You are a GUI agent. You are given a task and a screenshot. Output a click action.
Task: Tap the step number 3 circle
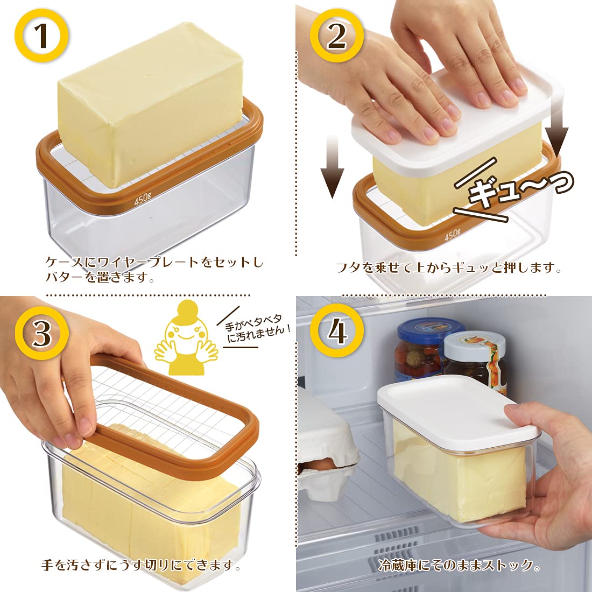click(42, 333)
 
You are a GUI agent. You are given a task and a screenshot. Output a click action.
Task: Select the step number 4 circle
click(337, 331)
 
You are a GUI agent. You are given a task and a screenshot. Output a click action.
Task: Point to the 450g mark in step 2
click(452, 235)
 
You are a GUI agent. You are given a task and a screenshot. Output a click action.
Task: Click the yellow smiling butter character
click(186, 339)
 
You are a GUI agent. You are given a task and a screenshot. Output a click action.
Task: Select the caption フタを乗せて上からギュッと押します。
click(448, 267)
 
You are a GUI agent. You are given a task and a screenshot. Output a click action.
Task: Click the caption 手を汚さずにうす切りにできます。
click(141, 565)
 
